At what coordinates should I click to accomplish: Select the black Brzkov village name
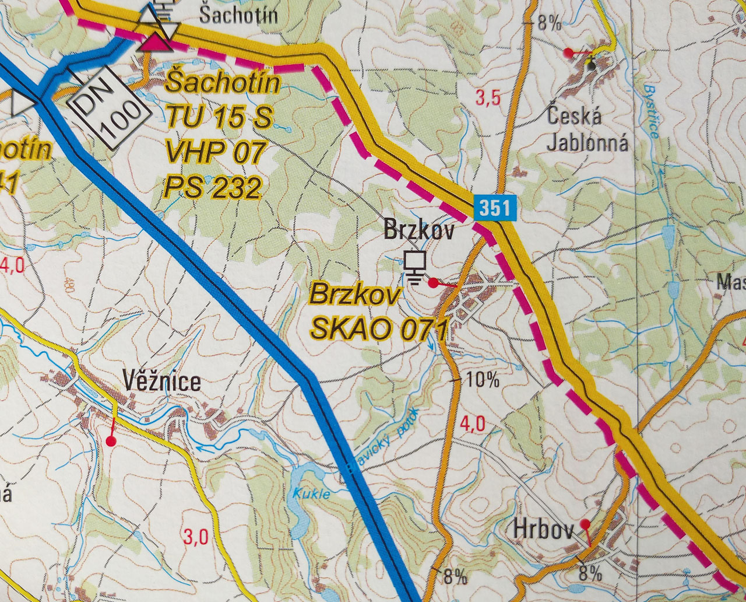click(418, 230)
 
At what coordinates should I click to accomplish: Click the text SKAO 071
click(378, 330)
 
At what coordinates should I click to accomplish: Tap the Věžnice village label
click(162, 382)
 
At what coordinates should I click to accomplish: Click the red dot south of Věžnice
click(111, 441)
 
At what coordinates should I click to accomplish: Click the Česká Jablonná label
click(587, 129)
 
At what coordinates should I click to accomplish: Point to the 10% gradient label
click(483, 380)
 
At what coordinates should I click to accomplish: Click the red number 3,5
click(488, 98)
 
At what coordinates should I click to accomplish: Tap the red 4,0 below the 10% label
click(472, 423)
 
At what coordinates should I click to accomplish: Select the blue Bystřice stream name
click(650, 111)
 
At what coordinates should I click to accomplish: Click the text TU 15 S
click(219, 118)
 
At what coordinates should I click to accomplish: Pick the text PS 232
click(212, 188)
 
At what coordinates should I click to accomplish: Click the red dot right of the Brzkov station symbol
click(433, 283)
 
